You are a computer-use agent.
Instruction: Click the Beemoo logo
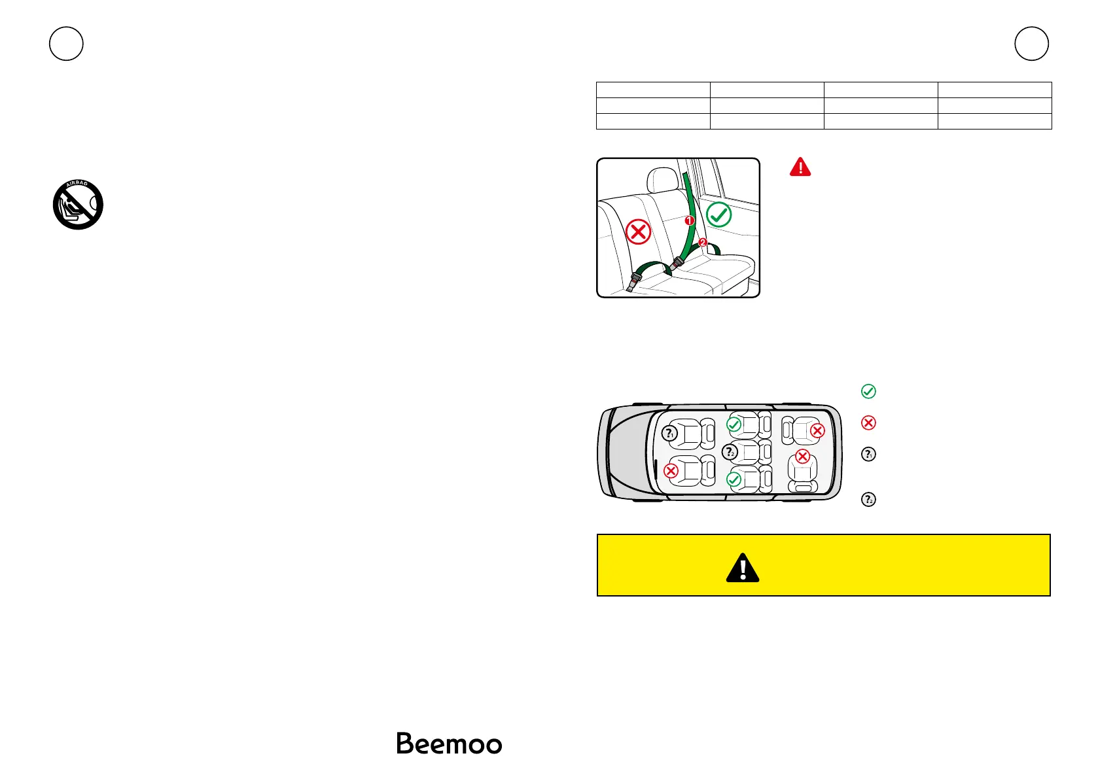449,744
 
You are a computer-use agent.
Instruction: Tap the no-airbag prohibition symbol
78,205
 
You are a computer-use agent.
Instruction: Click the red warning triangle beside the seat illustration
800,167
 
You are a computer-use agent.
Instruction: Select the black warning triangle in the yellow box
743,568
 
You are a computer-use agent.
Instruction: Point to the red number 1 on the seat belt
689,220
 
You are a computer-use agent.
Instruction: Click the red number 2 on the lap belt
703,243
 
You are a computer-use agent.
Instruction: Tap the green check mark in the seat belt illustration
719,215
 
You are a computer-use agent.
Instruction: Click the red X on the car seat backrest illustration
638,232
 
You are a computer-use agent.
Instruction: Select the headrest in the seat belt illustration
663,180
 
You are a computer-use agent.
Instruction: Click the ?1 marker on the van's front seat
668,433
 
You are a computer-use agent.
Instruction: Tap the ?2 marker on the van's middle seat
730,452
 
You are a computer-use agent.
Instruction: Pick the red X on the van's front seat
671,470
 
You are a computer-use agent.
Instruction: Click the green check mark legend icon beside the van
868,391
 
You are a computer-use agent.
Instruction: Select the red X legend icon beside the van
868,423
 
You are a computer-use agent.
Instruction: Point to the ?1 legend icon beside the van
868,454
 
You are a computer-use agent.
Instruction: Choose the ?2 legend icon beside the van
868,500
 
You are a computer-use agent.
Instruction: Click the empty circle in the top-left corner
66,44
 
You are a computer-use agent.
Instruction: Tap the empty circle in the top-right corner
1032,44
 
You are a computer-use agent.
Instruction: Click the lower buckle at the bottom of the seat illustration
635,283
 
